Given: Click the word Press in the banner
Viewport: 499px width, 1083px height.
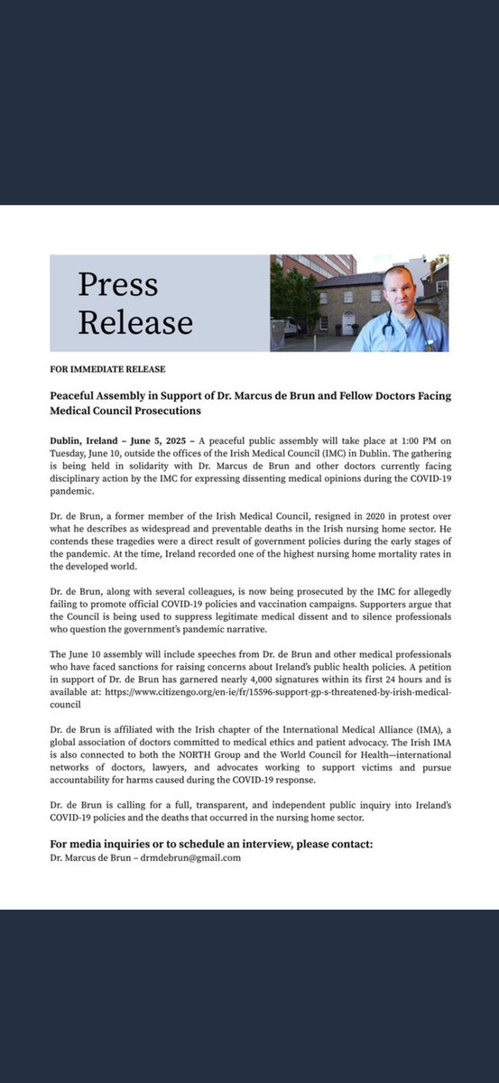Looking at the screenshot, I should tap(117, 284).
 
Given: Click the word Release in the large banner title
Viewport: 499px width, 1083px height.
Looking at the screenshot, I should tap(134, 322).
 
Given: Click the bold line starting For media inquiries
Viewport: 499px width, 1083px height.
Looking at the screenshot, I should tap(211, 844).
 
